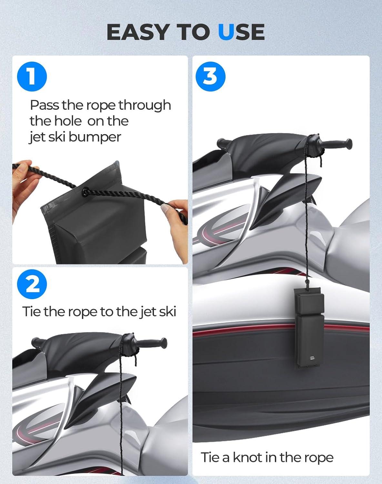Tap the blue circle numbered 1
click(32, 76)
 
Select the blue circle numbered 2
click(32, 284)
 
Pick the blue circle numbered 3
click(210, 76)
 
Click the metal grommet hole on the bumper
click(85, 192)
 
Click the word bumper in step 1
click(95, 137)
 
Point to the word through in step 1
click(145, 105)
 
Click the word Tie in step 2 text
click(31, 311)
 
